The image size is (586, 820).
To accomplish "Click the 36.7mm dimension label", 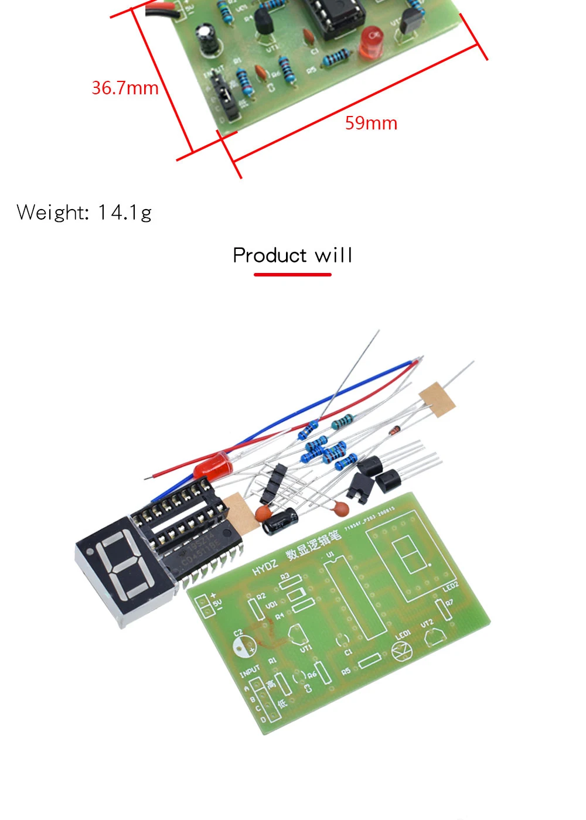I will (125, 88).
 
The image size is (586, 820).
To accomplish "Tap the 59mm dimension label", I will (371, 123).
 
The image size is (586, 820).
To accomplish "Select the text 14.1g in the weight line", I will (125, 212).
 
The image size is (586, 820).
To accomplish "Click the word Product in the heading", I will (270, 255).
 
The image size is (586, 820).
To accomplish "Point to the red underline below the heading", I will (292, 274).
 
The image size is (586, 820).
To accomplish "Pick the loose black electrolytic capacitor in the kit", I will (280, 520).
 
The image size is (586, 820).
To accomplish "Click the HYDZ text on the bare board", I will (265, 567).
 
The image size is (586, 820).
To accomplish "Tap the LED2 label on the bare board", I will (450, 587).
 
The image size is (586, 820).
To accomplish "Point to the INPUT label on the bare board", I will (250, 671).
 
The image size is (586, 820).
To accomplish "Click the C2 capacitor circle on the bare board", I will (244, 645).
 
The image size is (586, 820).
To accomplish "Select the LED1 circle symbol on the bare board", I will (402, 650).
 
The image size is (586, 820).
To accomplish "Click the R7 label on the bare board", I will (449, 603).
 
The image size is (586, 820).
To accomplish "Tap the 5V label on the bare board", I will (217, 603).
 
